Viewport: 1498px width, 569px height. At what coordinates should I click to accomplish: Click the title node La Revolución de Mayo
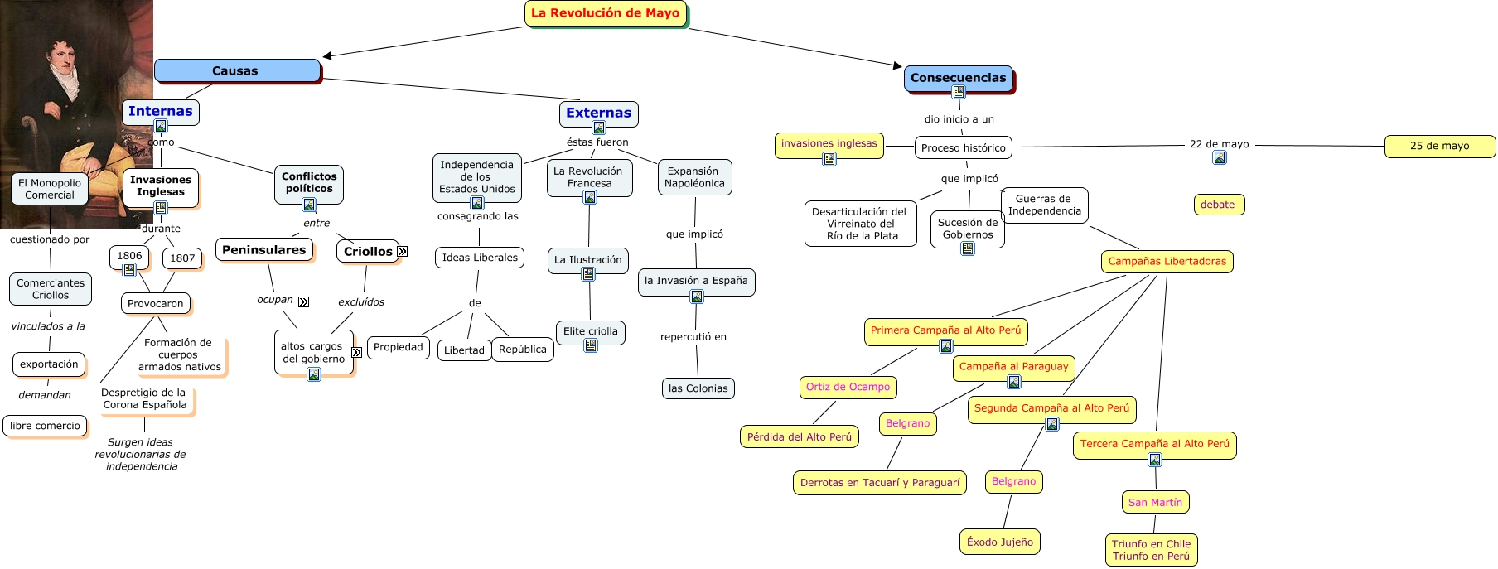pos(606,13)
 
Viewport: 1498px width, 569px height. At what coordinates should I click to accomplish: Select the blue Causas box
pos(236,71)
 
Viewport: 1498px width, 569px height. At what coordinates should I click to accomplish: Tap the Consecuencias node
pos(958,78)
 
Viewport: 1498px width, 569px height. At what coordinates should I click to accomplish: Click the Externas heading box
pos(598,113)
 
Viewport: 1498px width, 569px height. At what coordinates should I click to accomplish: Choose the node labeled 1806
pos(129,256)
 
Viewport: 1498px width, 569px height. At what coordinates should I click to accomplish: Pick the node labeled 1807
pos(182,258)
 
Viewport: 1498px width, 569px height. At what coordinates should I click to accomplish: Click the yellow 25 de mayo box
pos(1439,146)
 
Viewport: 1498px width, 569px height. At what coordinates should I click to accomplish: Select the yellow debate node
pos(1217,205)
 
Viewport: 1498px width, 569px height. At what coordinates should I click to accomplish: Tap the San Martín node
pos(1155,502)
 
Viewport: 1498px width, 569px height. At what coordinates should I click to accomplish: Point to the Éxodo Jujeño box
pos(1000,542)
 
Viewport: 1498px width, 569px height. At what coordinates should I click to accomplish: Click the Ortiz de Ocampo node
pos(848,387)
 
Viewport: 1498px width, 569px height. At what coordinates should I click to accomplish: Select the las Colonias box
pos(698,388)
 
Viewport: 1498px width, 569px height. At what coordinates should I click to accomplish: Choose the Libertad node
pos(464,350)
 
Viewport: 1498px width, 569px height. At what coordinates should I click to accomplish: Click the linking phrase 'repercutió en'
pos(693,337)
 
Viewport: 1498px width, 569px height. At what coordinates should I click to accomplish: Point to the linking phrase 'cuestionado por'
pos(50,239)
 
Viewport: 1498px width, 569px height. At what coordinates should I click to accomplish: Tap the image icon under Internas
pos(161,126)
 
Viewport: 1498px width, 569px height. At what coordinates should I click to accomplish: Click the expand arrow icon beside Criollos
pos(403,251)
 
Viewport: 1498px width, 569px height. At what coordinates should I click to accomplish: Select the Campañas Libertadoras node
pos(1167,262)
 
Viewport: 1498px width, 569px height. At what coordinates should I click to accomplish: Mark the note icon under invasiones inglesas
pos(829,159)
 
